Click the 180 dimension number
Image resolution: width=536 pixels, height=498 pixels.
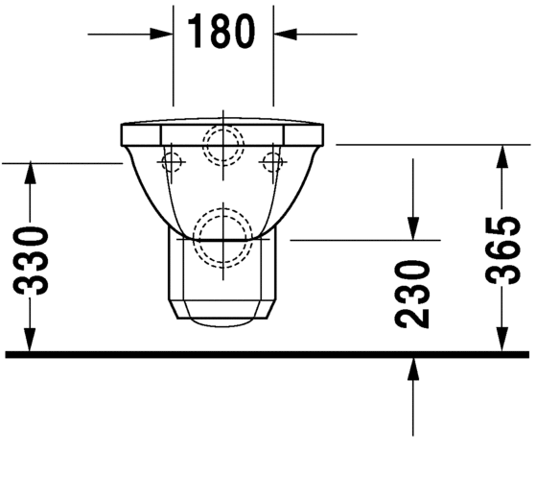(221, 32)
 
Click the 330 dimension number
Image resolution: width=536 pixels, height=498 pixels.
(31, 260)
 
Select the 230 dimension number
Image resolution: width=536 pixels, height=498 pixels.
(412, 295)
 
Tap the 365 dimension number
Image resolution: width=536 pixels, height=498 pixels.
(502, 250)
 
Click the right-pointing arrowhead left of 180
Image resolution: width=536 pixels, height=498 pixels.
(161, 34)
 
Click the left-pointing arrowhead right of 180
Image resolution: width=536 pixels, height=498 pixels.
(285, 34)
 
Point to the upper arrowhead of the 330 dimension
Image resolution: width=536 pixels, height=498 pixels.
(31, 174)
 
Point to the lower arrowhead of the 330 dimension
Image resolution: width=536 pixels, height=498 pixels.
(30, 340)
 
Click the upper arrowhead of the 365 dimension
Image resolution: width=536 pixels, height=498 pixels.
(501, 156)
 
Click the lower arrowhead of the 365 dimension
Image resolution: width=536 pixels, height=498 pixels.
(501, 340)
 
